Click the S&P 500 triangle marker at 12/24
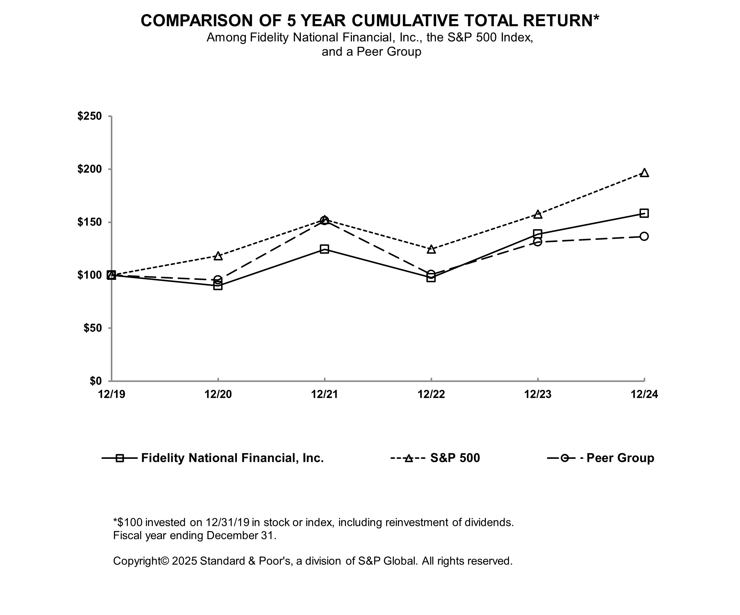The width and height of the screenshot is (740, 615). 644,173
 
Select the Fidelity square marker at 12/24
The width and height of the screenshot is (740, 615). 644,213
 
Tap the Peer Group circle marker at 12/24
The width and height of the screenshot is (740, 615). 644,236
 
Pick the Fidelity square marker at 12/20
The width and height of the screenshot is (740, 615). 218,286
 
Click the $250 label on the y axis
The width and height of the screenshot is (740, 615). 90,116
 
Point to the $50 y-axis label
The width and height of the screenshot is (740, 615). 92,328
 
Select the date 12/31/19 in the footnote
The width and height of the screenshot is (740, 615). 227,522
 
